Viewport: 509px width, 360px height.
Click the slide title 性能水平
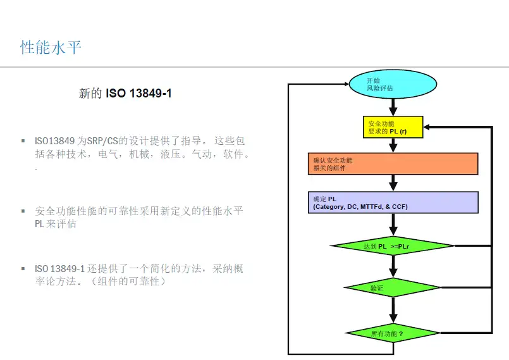[51, 47]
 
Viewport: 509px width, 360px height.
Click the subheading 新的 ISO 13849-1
[125, 94]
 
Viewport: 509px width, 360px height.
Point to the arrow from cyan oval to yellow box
[393, 108]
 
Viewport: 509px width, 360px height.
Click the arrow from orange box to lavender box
[393, 183]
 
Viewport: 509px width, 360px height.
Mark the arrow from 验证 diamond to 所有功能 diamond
[393, 311]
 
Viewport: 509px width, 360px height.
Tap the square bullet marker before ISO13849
[23, 140]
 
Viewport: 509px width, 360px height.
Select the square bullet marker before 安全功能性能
[23, 211]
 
